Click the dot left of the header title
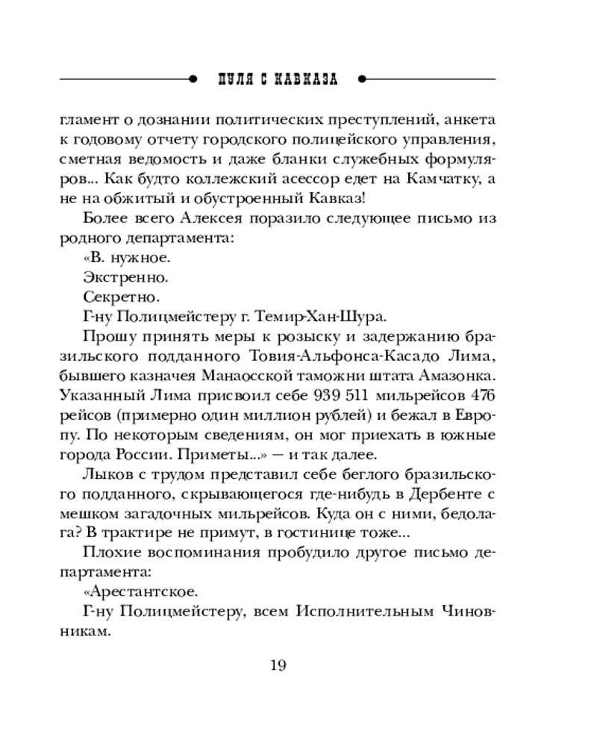[193, 78]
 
